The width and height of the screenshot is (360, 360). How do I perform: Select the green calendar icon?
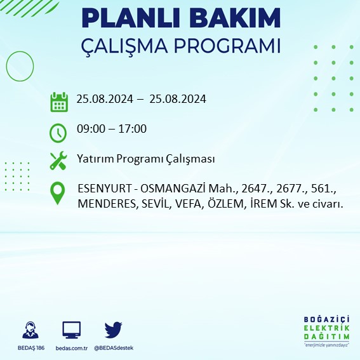click(59, 102)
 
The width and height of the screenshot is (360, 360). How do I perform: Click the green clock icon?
click(58, 133)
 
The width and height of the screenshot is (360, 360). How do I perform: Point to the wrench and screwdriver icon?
click(58, 160)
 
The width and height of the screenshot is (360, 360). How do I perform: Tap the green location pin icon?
click(58, 193)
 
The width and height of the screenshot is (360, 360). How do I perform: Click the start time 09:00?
click(89, 129)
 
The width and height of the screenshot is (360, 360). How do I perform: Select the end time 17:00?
click(133, 129)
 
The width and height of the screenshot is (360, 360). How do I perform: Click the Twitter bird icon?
click(113, 330)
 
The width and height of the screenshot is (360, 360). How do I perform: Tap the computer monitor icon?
click(71, 330)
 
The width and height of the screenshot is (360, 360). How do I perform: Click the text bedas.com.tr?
click(71, 348)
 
